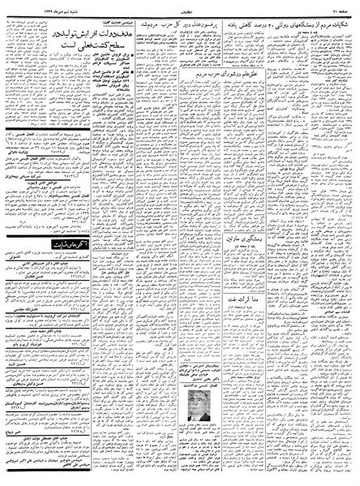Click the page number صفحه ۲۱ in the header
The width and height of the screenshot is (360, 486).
tap(342, 7)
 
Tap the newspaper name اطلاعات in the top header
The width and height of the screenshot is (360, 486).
tap(179, 7)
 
